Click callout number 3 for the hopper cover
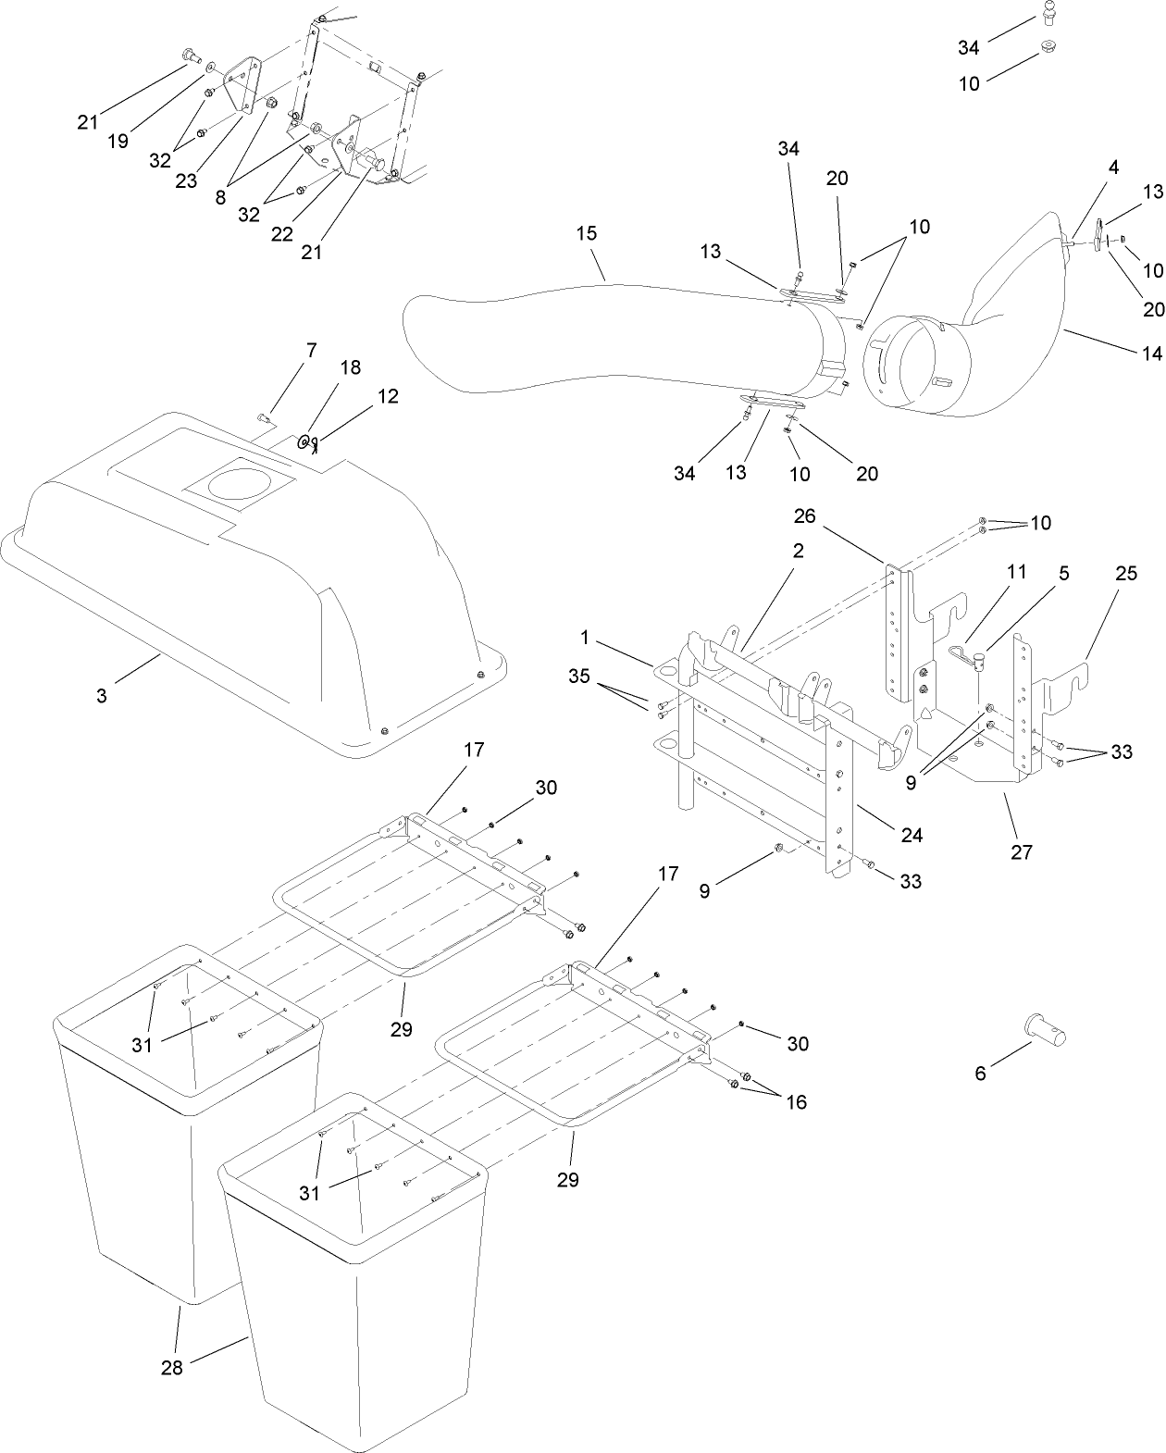[101, 696]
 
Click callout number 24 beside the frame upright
[912, 835]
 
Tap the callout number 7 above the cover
[311, 351]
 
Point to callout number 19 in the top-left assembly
[118, 141]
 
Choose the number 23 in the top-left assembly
[186, 180]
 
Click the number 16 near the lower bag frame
[795, 1101]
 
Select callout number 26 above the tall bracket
[804, 515]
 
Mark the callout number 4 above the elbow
[1113, 168]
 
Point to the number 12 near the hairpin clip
[388, 396]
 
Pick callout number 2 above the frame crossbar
[798, 551]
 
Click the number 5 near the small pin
[1064, 573]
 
